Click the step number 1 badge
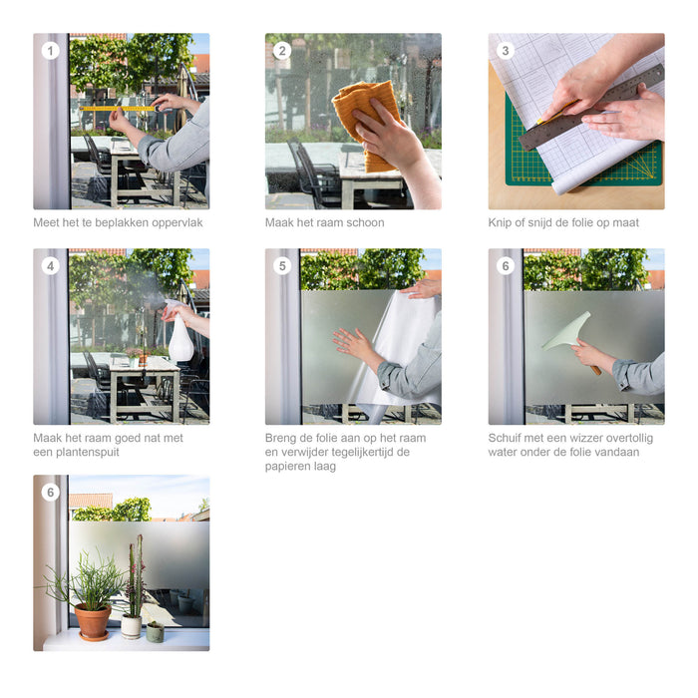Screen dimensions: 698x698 click(50, 51)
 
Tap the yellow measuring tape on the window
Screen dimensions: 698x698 click(118, 108)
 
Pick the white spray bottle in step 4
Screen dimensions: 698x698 click(181, 340)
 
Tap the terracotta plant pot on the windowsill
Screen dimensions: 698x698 click(93, 621)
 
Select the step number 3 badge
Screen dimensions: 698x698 click(506, 51)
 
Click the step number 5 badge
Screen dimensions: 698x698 click(282, 266)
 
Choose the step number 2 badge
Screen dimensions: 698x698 click(282, 51)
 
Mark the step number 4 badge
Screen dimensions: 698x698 click(50, 266)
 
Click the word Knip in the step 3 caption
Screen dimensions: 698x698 click(501, 222)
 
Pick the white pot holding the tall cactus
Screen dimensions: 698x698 click(131, 626)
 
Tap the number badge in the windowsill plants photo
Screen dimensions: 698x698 click(50, 492)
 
